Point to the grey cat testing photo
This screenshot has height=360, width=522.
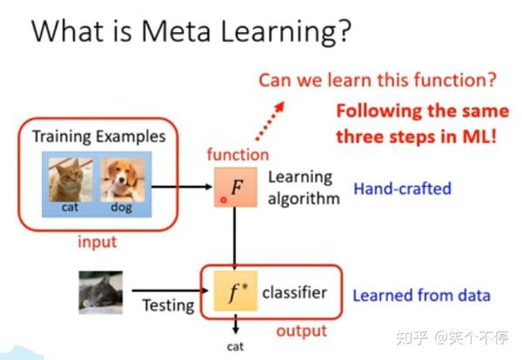[100, 292]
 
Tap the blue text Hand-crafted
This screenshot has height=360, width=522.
[403, 187]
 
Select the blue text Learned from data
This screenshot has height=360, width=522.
[421, 295]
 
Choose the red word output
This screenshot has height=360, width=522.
[301, 330]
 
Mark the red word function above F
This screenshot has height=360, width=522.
[238, 154]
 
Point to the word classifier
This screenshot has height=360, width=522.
[294, 292]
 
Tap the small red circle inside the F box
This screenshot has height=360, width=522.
[224, 199]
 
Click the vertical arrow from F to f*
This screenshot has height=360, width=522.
[235, 238]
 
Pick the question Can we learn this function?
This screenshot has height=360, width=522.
[377, 81]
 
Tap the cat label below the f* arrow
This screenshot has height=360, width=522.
[235, 346]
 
